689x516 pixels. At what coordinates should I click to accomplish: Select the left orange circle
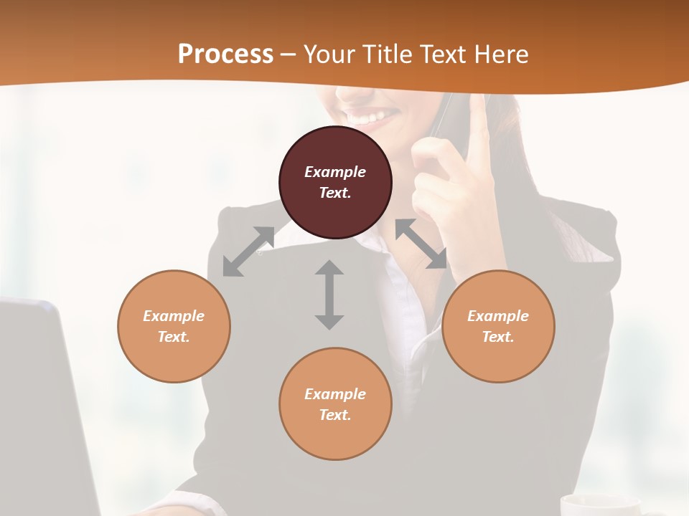[x=174, y=326]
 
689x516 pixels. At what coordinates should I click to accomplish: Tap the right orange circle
[x=498, y=326]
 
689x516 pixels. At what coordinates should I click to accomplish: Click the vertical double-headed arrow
[x=329, y=295]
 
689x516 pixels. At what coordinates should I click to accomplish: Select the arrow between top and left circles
[x=248, y=252]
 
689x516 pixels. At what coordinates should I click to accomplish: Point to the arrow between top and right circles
[x=421, y=244]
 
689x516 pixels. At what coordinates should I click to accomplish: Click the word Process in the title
[x=225, y=54]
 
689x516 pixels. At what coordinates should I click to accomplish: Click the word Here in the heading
[x=500, y=54]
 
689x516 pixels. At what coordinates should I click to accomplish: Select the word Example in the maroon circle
[x=335, y=172]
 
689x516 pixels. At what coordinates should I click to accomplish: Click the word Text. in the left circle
[x=174, y=337]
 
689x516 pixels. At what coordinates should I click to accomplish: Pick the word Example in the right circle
[x=498, y=316]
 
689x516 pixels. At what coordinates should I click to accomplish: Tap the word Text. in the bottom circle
[x=335, y=415]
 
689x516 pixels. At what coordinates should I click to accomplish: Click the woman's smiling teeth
[x=368, y=116]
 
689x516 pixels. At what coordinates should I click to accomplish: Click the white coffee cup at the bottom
[x=599, y=505]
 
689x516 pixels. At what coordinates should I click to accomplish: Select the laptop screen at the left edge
[x=39, y=401]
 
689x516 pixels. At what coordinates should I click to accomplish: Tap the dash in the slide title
[x=288, y=54]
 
